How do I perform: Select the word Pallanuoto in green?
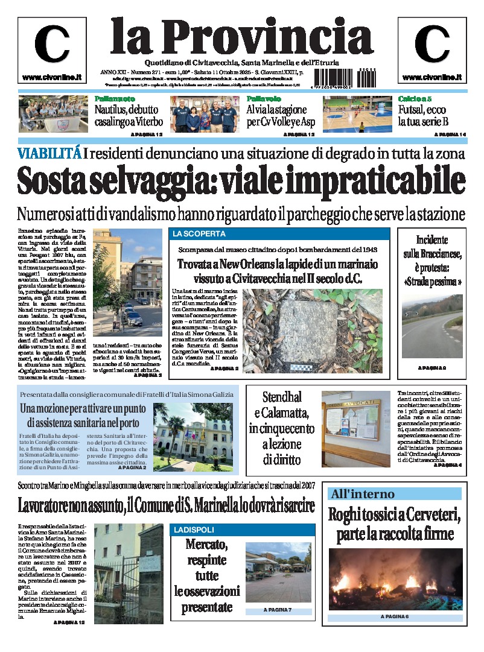tap(115, 99)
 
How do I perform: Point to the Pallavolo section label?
tap(263, 99)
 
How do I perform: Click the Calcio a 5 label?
tap(414, 99)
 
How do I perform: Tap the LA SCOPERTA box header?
tap(199, 234)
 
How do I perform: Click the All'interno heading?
tap(362, 494)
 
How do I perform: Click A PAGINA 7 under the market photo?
tap(278, 610)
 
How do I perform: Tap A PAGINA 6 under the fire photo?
tap(395, 616)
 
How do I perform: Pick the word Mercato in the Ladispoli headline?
tap(207, 545)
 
